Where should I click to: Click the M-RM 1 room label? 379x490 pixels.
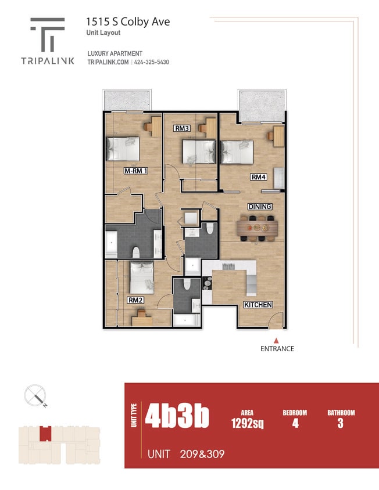coord(134,171)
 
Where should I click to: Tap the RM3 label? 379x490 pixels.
coord(182,128)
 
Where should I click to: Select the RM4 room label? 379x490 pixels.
coord(259,177)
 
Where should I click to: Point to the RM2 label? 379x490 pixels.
coord(135,300)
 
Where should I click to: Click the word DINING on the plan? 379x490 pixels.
coord(260,207)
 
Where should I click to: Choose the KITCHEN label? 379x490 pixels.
coord(258,305)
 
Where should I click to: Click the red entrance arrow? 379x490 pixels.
coord(277,341)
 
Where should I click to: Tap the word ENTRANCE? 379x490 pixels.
coord(277,349)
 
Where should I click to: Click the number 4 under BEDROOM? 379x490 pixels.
coord(295,423)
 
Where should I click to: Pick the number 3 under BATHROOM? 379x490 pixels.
coord(340,423)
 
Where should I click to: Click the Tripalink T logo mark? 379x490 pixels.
coord(48,34)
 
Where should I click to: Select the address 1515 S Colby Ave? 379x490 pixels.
coord(128,22)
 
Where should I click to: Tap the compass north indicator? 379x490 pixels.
coord(35,397)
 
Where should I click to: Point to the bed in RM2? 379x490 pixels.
coord(141,276)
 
